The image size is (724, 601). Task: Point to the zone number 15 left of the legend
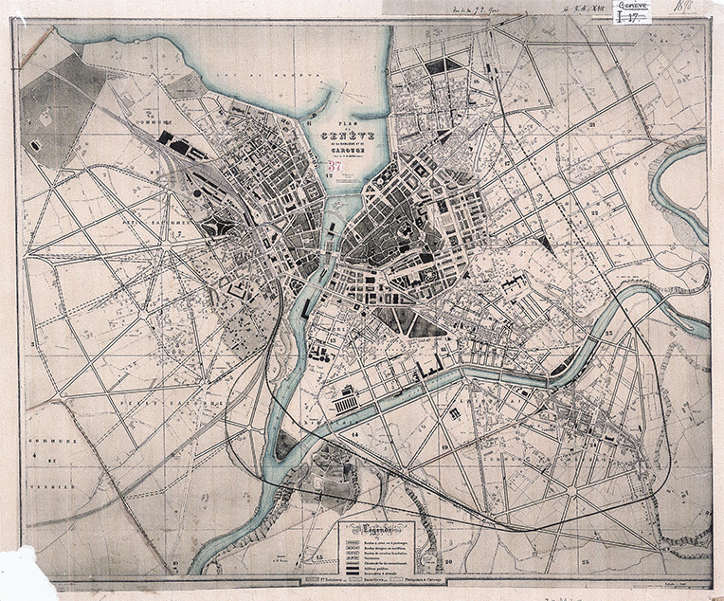tap(319, 557)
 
